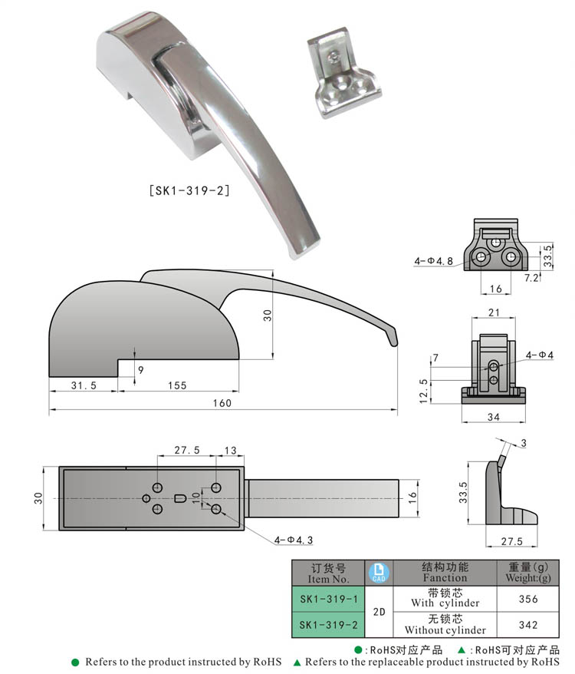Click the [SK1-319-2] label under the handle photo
tap(189, 189)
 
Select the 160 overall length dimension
tap(221, 403)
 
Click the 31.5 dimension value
tap(83, 385)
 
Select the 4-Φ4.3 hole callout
tap(294, 540)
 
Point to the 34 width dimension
tap(494, 416)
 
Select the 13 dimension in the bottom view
tap(230, 451)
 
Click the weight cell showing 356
tap(528, 599)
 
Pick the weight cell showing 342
tap(528, 625)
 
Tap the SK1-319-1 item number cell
tap(329, 599)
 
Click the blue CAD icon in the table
tap(379, 573)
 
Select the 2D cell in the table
tap(379, 612)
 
